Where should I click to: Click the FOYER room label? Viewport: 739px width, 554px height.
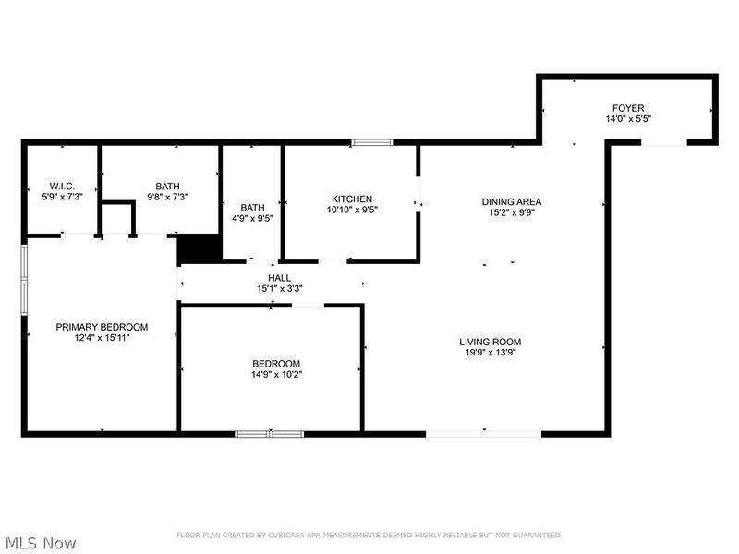click(625, 108)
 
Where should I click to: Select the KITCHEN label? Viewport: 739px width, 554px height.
click(352, 199)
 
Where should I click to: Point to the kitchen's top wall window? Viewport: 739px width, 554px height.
click(371, 142)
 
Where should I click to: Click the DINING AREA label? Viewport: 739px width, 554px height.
click(512, 201)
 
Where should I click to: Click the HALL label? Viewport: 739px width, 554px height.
click(280, 277)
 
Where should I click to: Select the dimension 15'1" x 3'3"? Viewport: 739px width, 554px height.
click(280, 288)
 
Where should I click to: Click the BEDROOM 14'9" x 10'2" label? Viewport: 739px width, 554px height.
click(276, 363)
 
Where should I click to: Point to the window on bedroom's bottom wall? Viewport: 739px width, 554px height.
click(269, 433)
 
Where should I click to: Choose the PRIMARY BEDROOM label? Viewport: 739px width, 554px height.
click(102, 327)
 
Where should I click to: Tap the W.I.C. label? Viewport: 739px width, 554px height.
click(61, 185)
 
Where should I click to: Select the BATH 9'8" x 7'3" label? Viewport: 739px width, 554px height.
click(168, 185)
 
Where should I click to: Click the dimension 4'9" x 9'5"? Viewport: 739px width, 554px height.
click(252, 219)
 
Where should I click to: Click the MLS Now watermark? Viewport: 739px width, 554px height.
click(41, 543)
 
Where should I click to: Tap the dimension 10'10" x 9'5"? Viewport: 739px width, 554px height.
click(352, 210)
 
